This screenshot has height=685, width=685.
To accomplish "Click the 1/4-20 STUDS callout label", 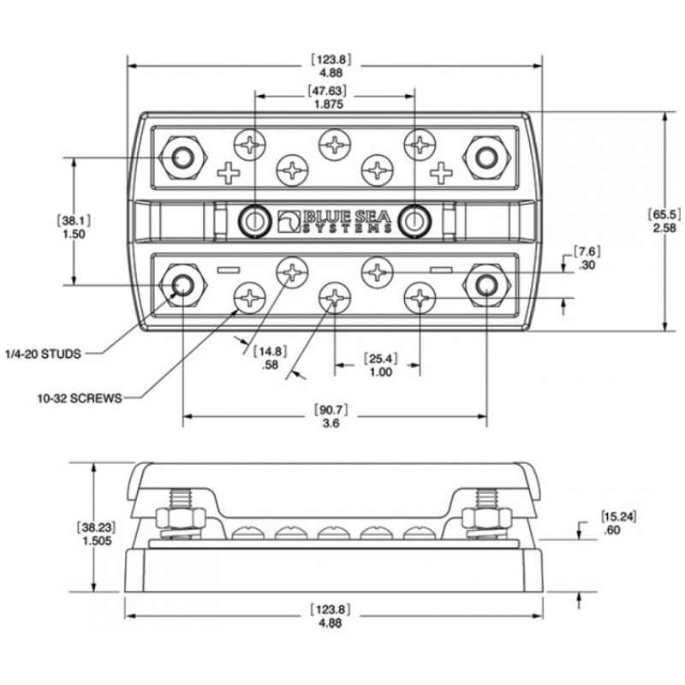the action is tap(44, 354).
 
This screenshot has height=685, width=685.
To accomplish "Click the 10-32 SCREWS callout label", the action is tap(80, 398).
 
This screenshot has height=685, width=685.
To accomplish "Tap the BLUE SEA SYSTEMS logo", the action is tap(335, 222).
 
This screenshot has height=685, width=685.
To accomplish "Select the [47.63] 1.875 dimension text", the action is tap(329, 98).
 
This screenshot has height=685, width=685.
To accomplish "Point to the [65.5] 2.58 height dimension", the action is tap(664, 221).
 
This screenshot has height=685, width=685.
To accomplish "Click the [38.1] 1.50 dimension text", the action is tap(74, 227).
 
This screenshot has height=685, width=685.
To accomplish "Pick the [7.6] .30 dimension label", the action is tap(587, 259).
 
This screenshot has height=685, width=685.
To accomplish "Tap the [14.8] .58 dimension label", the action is tap(271, 358).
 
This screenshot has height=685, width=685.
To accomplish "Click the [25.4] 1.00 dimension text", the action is tap(381, 366).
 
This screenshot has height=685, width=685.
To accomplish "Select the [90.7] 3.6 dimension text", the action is tap(331, 416).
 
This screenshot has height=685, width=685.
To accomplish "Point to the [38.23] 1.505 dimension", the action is tap(98, 533).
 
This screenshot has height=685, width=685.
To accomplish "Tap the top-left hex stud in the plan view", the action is tap(182, 158).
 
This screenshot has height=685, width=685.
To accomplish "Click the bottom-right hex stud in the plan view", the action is tap(486, 285).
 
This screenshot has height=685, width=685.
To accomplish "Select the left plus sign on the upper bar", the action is tap(229, 173).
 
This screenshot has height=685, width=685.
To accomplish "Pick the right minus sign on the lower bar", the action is tap(441, 270).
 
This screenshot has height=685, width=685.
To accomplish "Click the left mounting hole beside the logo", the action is tap(253, 221).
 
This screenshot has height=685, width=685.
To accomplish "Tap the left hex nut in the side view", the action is tap(180, 519).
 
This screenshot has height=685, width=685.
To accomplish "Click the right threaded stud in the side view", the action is tap(486, 498).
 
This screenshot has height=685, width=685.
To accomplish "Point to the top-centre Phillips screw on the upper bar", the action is tap(335, 145).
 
